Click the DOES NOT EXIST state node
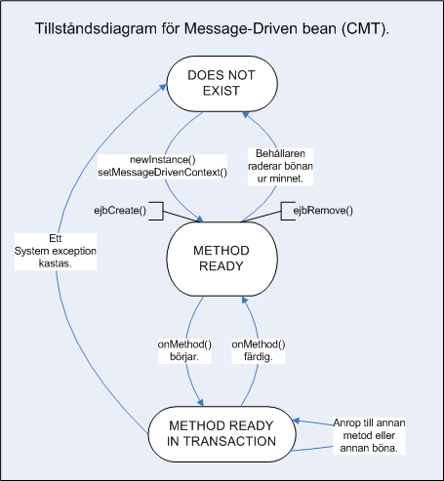tap(222, 84)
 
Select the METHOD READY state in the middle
tap(222, 259)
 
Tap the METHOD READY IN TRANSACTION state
tap(222, 434)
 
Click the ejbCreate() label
tap(120, 211)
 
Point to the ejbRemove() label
tap(323, 211)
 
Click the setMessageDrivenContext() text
tap(162, 173)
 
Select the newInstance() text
tap(163, 160)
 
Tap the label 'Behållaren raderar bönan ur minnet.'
tap(280, 166)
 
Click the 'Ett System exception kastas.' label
tap(56, 251)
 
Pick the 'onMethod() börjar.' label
tap(184, 350)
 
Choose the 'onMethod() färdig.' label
tap(259, 350)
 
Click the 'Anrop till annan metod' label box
tap(369, 436)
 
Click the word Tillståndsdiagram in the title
tap(96, 29)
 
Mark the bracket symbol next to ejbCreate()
tap(156, 211)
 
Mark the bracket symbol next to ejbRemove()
tap(288, 211)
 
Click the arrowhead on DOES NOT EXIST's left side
tap(163, 87)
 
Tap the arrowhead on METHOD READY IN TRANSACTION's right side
tap(296, 421)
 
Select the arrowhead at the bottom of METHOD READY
tap(245, 300)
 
